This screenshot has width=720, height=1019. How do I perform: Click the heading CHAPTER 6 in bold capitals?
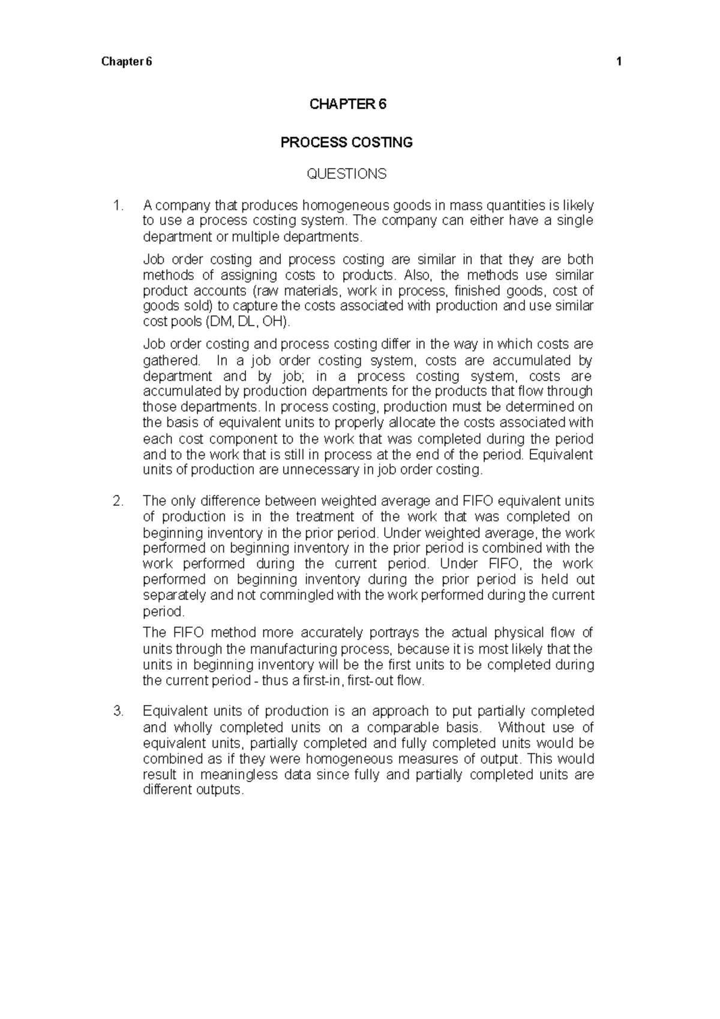(x=347, y=104)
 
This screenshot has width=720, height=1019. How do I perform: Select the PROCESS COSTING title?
(x=347, y=143)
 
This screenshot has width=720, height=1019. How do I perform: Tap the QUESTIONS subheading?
(x=347, y=174)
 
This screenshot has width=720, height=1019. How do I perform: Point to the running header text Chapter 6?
(x=127, y=62)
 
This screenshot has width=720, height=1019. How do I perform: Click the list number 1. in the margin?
(x=118, y=206)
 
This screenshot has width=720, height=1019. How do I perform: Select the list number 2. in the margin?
(x=118, y=501)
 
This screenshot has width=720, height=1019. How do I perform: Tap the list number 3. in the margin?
(x=118, y=712)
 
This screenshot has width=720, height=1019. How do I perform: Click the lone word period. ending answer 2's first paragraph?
(x=164, y=612)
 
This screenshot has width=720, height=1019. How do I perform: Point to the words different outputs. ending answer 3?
(x=194, y=790)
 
